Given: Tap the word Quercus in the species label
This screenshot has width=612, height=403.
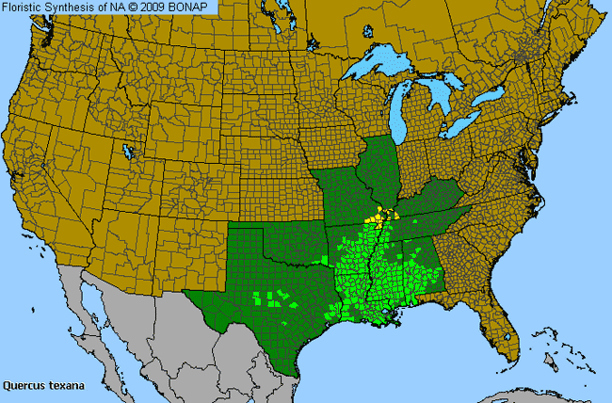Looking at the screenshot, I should [x=24, y=384].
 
